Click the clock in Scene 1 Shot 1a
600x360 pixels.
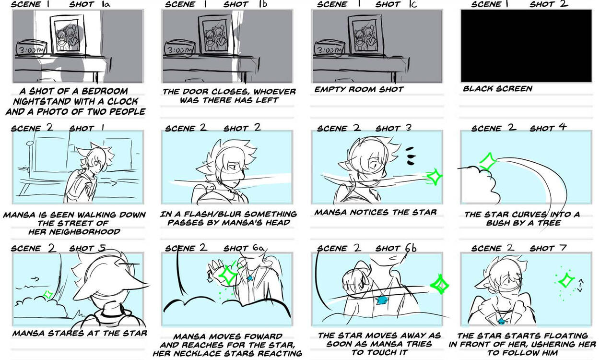pos(32,49)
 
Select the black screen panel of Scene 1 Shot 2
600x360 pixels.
pos(526,46)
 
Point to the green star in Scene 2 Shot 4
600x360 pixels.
pos(487,161)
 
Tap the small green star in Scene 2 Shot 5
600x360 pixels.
pos(48,295)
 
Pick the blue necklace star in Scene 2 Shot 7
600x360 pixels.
pos(501,321)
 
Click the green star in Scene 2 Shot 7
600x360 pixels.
pos(566,281)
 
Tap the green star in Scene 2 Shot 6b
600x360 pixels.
pos(439,285)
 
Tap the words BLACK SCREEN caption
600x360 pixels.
pos(498,89)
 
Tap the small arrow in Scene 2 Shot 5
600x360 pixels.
pos(35,279)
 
